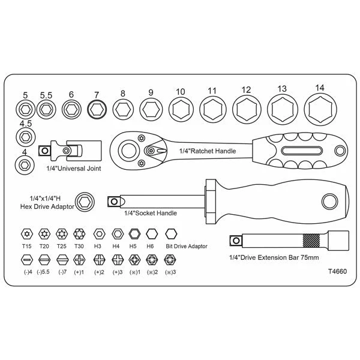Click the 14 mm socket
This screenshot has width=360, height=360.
(320, 109)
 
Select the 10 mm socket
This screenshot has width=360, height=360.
(181, 109)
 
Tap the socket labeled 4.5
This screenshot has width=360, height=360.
(25, 137)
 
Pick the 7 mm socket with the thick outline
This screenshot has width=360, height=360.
(97, 110)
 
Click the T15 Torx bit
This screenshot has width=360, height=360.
(27, 234)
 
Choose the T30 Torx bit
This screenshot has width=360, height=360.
(79, 234)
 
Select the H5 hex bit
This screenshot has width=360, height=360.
(134, 234)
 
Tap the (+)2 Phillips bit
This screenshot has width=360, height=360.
(100, 260)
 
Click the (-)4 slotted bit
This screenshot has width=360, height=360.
(27, 260)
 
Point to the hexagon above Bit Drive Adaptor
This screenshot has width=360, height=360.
(171, 234)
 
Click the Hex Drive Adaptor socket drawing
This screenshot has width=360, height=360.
(85, 202)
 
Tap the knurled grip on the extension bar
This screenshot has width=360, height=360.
(311, 241)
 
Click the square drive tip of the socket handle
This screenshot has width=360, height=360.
(114, 202)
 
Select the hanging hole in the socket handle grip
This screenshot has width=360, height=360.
(329, 202)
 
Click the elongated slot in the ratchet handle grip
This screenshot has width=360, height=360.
(301, 151)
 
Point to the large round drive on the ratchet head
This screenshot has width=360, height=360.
(129, 151)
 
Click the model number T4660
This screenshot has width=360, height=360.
(337, 271)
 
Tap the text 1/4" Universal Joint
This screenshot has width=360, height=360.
(74, 169)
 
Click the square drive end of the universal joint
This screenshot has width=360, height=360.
(44, 151)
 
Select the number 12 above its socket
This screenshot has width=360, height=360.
(246, 90)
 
